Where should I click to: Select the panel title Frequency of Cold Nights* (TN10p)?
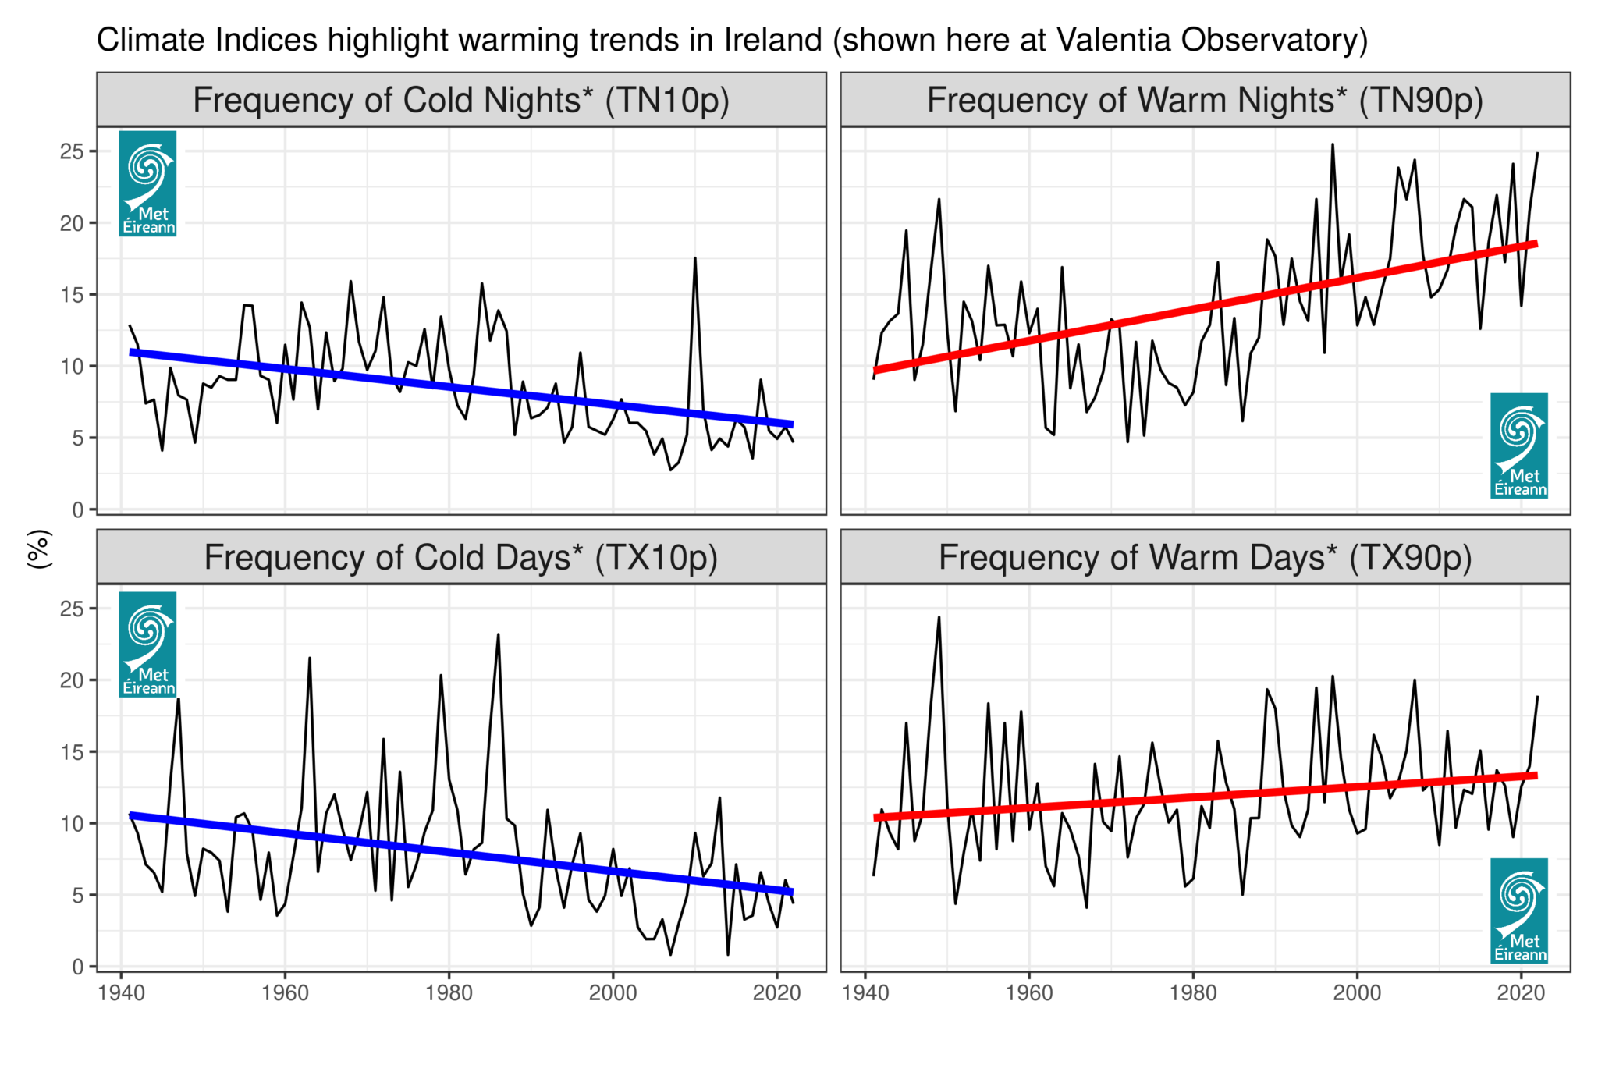tap(461, 101)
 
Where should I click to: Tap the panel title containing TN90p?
tap(1205, 101)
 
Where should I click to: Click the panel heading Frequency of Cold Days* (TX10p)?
tap(461, 558)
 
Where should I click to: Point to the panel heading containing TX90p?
tap(1205, 558)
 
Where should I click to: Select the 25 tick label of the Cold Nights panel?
tap(72, 151)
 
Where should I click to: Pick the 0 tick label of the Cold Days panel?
tap(77, 967)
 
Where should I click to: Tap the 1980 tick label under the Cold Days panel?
tap(449, 993)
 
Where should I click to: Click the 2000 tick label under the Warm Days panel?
tap(1357, 993)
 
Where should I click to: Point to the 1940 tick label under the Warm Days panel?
tap(865, 993)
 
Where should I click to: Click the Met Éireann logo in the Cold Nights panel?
tap(148, 183)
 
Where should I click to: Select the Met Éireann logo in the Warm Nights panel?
tap(1518, 446)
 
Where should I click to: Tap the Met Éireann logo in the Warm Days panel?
tap(1518, 911)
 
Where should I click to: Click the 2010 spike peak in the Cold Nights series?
tap(694, 258)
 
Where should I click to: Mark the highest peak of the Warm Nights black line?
tap(1332, 144)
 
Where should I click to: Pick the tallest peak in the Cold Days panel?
tap(498, 634)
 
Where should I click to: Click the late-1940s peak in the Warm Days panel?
tap(939, 617)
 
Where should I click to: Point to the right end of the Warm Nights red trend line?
tap(1536, 243)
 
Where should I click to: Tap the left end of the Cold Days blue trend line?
tap(131, 815)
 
